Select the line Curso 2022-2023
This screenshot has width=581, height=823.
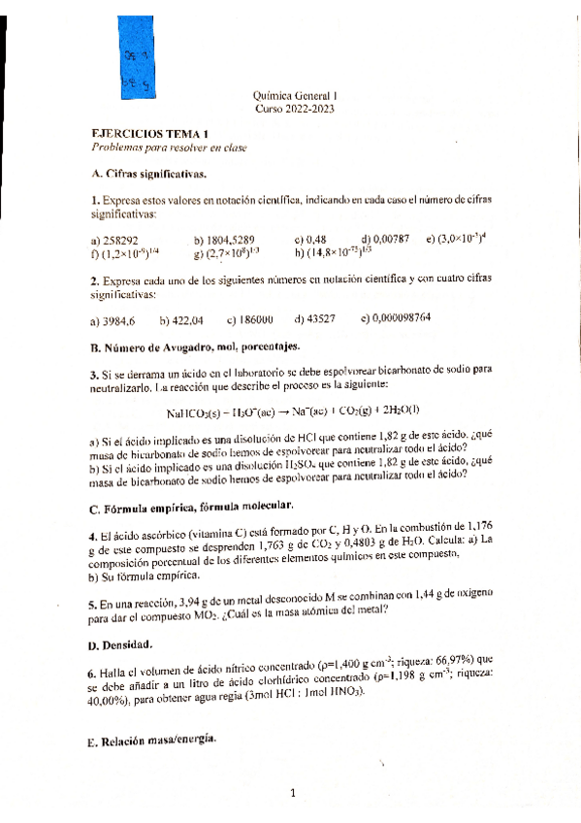pos(296,110)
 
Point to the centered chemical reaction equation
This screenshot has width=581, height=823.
pos(292,411)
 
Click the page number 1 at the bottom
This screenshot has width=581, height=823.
pos(292,795)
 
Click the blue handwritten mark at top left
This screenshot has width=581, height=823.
pos(135,73)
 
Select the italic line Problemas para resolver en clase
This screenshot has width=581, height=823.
pos(155,148)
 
